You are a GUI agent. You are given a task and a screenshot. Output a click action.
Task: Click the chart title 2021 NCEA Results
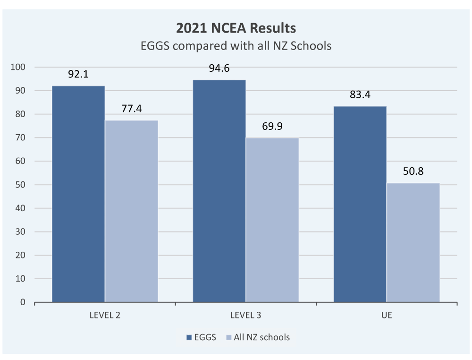tap(236, 28)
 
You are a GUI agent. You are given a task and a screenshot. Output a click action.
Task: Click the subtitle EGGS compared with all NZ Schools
tap(236, 46)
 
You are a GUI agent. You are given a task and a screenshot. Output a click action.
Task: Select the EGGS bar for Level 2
tap(78, 194)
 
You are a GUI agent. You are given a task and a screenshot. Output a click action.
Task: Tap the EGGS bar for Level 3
tap(219, 191)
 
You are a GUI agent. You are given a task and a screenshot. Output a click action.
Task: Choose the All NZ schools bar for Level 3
tap(272, 220)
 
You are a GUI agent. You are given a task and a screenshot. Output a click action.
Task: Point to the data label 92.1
tap(78, 74)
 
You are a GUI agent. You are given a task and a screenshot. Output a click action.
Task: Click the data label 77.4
tap(131, 109)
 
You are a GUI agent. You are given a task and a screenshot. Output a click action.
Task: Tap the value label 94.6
tap(219, 69)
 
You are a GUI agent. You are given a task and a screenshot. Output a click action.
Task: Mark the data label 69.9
tap(272, 127)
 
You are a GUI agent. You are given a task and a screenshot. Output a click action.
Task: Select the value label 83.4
tap(360, 94)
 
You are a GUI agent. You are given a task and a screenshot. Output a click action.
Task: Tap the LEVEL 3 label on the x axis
tap(245, 315)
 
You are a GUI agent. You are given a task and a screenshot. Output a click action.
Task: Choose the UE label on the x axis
tap(387, 315)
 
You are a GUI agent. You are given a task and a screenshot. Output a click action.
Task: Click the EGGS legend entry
tap(202, 337)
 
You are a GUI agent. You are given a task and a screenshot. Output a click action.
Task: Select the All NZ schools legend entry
tap(258, 337)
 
